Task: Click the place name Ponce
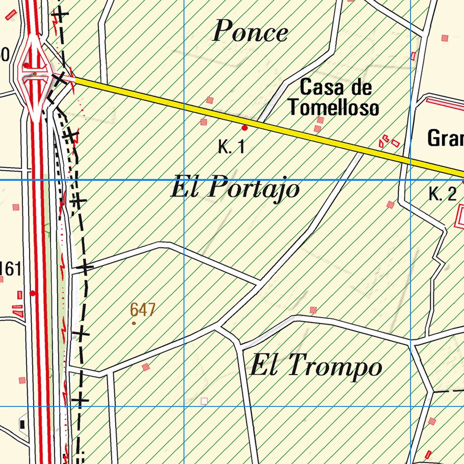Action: (x=250, y=32)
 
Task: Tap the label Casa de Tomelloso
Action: (x=334, y=98)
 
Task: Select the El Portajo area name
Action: (x=235, y=188)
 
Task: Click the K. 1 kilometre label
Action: (x=231, y=147)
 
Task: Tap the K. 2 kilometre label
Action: (x=442, y=194)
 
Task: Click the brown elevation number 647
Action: (x=143, y=310)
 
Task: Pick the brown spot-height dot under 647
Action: (x=134, y=323)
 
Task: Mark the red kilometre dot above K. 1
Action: (x=245, y=128)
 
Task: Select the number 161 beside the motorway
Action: (x=10, y=269)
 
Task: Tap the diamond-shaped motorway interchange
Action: (x=34, y=75)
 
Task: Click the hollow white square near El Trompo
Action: (x=204, y=401)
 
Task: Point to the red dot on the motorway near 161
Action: (x=33, y=293)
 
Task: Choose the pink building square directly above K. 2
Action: (x=390, y=205)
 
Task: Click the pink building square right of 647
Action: (x=313, y=310)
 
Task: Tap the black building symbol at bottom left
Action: (x=22, y=424)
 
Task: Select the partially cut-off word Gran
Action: (x=445, y=138)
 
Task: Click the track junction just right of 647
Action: (x=219, y=326)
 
